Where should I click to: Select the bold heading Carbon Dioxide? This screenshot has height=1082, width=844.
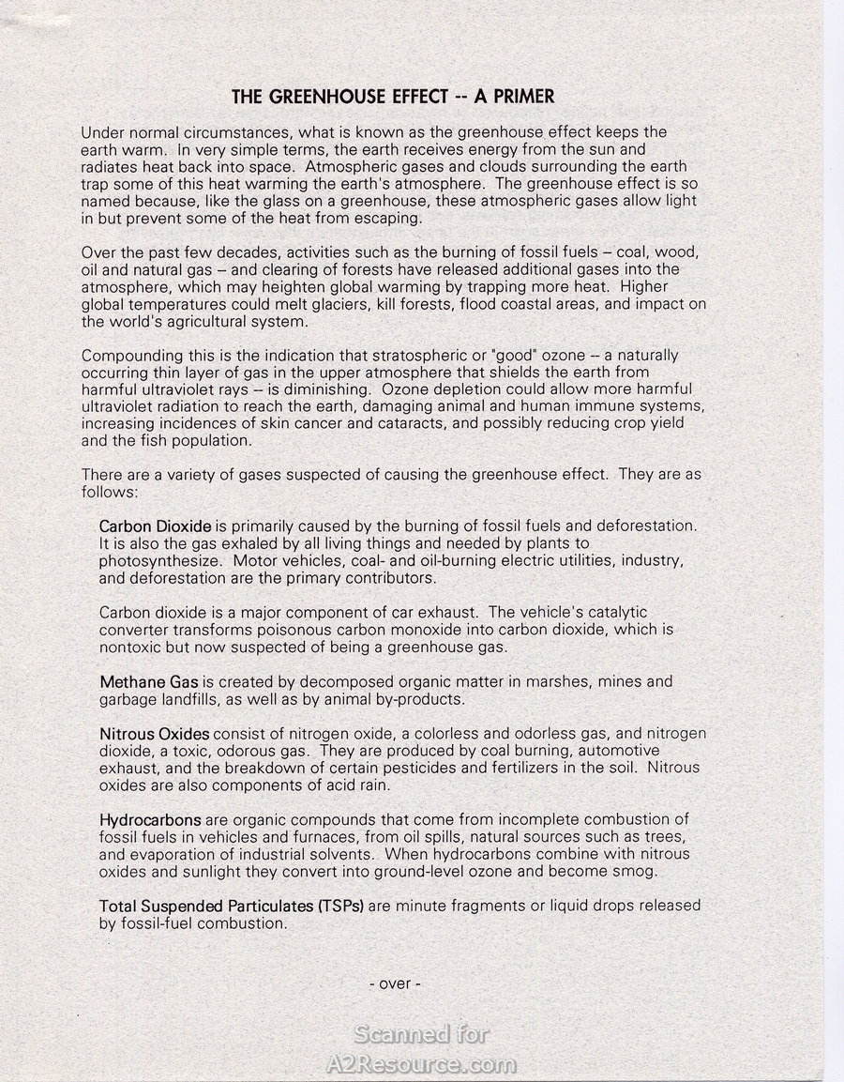156,526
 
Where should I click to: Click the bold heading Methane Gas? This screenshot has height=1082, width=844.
149,681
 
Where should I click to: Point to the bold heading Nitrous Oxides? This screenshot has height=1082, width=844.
155,733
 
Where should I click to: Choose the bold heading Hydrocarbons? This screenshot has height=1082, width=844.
150,819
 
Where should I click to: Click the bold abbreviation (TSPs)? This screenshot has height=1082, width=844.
341,906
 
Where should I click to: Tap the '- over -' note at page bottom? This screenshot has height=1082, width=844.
395,983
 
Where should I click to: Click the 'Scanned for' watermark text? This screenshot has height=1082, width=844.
421,1034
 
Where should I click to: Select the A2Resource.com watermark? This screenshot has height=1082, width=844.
421,1064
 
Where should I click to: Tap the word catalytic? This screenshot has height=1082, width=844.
616,612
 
